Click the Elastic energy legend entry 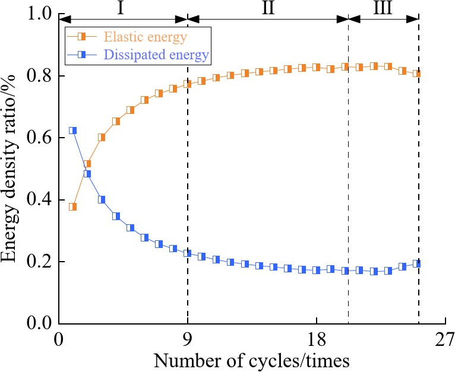146,37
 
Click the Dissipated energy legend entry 156,56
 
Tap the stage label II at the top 267,8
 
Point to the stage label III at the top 383,8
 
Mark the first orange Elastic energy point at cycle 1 72,207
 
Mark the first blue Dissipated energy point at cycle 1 72,131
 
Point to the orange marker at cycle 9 188,84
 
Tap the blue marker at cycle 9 188,253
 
